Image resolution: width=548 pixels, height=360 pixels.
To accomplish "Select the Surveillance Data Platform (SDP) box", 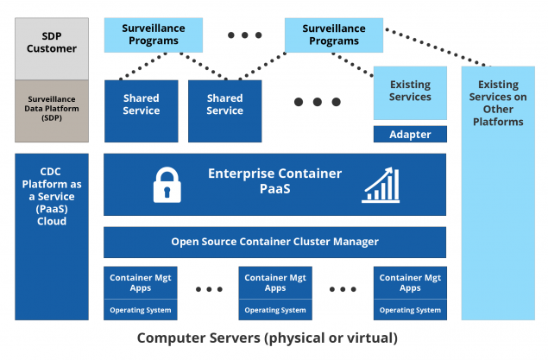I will click(52, 111).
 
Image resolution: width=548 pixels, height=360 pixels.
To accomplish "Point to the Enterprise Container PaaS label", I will click(274, 180).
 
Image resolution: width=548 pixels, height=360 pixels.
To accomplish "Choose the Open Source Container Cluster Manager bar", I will click(274, 242).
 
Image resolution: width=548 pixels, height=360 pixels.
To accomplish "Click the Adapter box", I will click(410, 135).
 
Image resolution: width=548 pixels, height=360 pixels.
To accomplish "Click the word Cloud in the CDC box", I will click(52, 221).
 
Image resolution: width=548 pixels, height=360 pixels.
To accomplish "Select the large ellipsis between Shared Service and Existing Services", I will click(317, 102).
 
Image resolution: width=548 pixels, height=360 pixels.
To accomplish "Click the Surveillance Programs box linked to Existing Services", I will click(333, 35).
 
